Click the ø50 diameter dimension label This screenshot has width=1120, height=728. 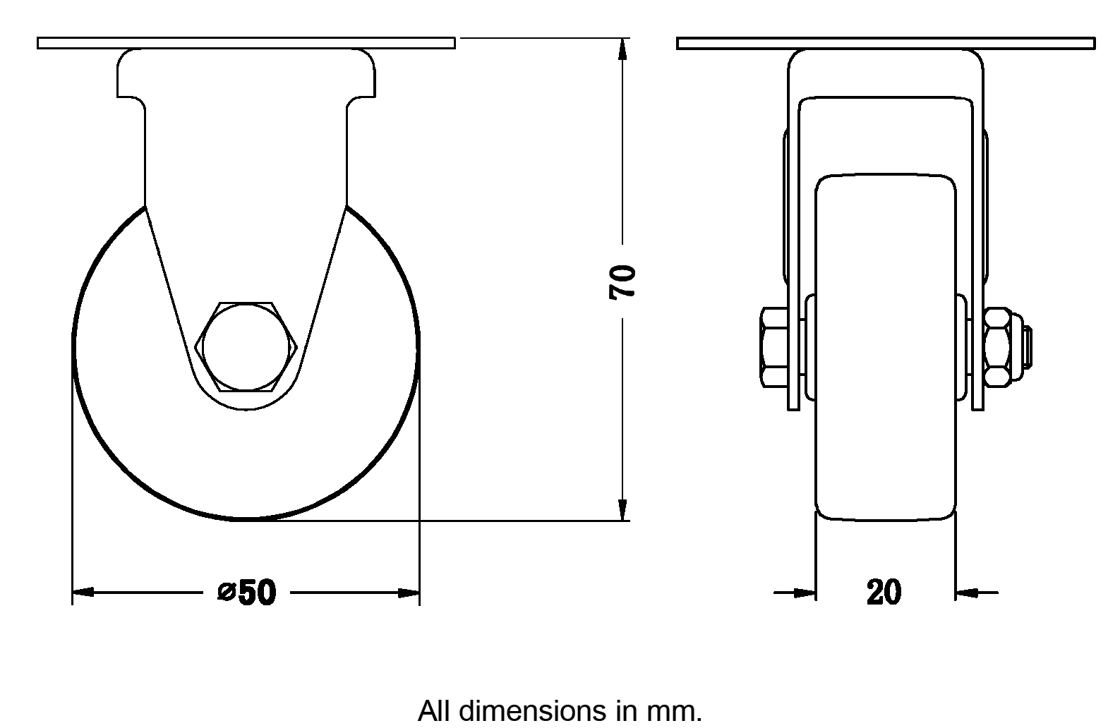click(246, 592)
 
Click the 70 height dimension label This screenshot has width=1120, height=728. click(622, 282)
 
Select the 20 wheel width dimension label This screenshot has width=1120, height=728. click(884, 592)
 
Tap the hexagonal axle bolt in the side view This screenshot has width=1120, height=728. click(246, 347)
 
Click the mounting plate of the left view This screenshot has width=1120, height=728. click(246, 43)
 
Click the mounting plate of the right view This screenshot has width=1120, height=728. click(886, 44)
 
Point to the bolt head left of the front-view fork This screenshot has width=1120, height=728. click(774, 347)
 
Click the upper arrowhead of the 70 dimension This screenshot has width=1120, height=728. click(622, 49)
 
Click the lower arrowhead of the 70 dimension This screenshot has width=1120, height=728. click(622, 509)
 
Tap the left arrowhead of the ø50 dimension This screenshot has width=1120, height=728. click(83, 593)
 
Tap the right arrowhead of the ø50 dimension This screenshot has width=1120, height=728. click(409, 593)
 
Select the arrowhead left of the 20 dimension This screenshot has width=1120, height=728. click(805, 593)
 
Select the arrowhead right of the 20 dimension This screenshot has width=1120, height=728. click(966, 593)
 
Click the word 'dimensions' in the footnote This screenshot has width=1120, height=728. click(533, 711)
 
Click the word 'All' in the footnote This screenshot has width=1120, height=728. click(435, 711)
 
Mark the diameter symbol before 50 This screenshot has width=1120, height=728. click(227, 592)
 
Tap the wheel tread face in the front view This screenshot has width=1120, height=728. click(886, 347)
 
